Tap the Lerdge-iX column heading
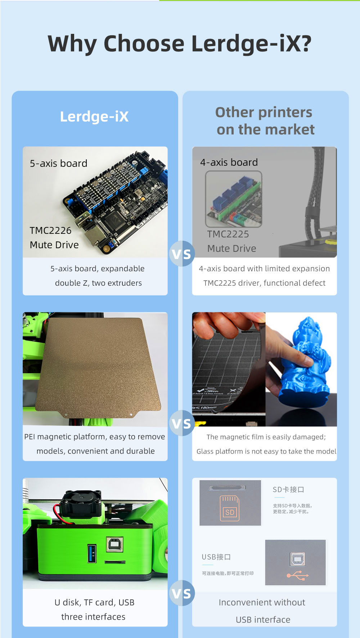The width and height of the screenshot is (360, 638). pyautogui.click(x=94, y=117)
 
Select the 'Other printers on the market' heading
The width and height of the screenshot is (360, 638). pyautogui.click(x=265, y=121)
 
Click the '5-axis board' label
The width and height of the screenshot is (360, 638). pyautogui.click(x=59, y=164)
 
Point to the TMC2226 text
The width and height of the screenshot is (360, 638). pyautogui.click(x=50, y=231)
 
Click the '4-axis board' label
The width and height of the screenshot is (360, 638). pyautogui.click(x=229, y=162)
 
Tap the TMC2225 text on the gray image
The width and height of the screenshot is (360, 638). pyautogui.click(x=228, y=234)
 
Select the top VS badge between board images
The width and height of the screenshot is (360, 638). pyautogui.click(x=182, y=254)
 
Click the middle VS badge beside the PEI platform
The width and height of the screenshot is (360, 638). pyautogui.click(x=182, y=423)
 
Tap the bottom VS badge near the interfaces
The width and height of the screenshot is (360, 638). pyautogui.click(x=182, y=593)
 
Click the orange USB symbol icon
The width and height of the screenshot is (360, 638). pyautogui.click(x=298, y=575)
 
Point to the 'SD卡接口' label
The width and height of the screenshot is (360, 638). pyautogui.click(x=288, y=490)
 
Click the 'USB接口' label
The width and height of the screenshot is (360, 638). pyautogui.click(x=216, y=557)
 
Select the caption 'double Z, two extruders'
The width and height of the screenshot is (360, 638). pyautogui.click(x=98, y=283)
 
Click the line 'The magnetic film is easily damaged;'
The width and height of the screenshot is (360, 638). pyautogui.click(x=266, y=437)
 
